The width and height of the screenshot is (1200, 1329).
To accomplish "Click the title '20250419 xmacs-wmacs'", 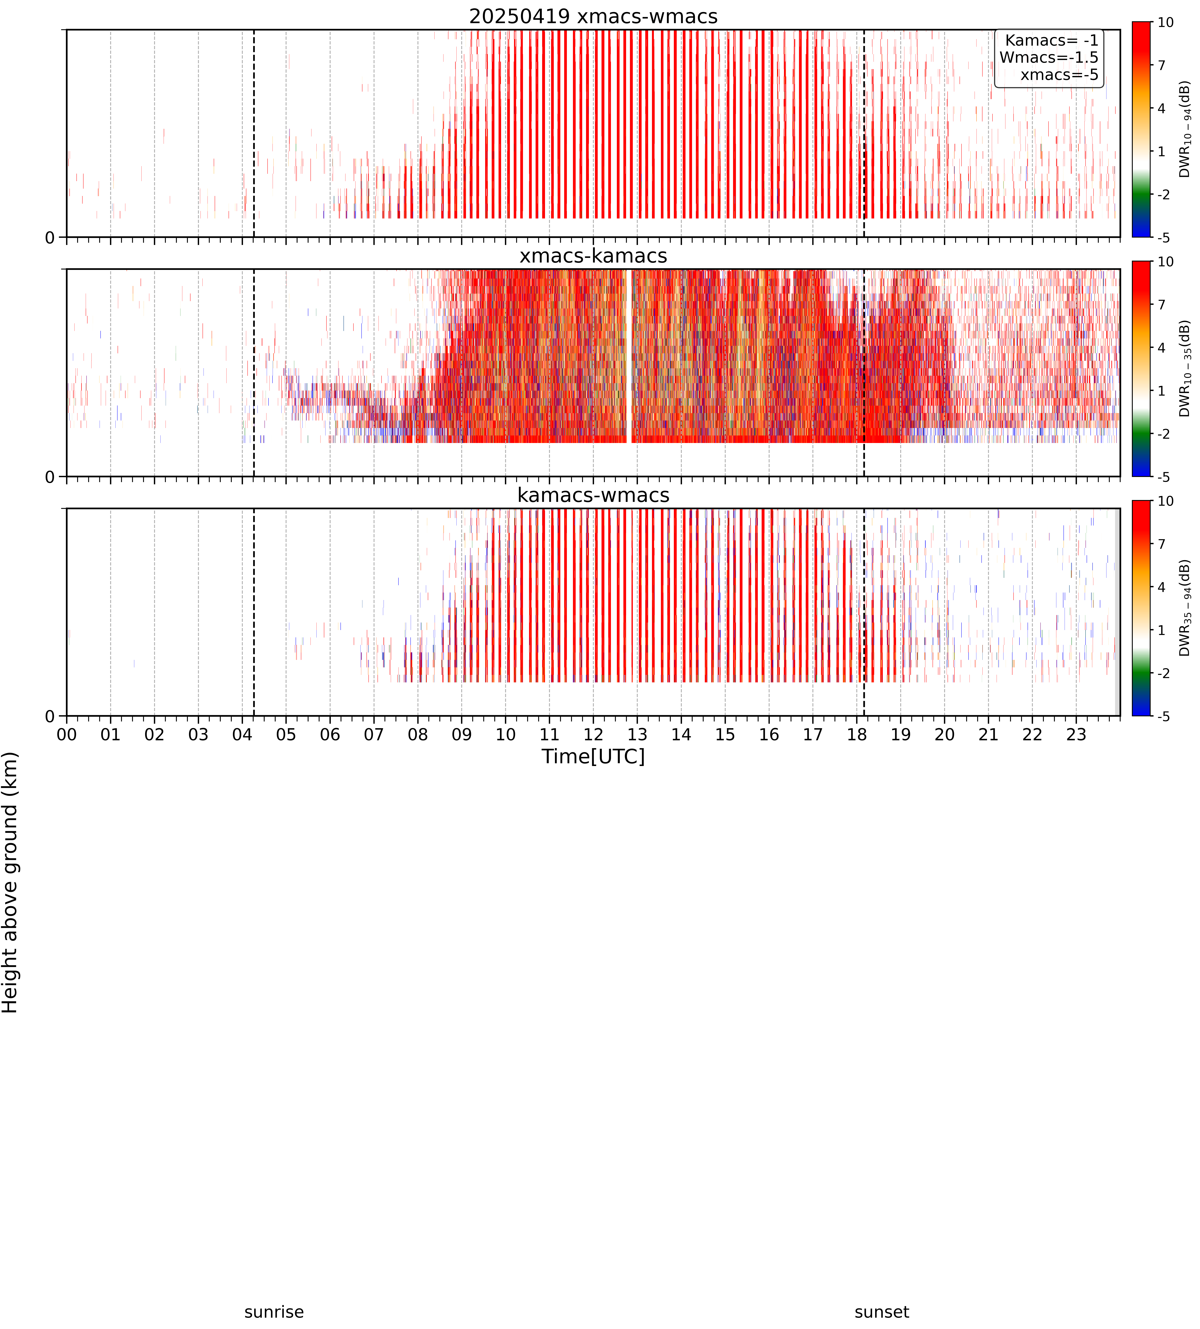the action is (x=593, y=16).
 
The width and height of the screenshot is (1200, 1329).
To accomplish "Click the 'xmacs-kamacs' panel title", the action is (x=593, y=256).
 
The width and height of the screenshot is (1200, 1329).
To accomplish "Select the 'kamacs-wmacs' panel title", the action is (x=593, y=495).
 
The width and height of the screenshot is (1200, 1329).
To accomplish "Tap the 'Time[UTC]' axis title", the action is (x=593, y=756).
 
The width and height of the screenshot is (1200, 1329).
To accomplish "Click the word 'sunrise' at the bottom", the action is (x=274, y=1312).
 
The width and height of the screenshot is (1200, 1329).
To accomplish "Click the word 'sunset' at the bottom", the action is (x=882, y=1312).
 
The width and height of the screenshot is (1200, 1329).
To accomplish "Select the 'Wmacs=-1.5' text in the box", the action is (x=1049, y=57).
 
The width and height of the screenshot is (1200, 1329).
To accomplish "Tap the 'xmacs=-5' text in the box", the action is (x=1060, y=75).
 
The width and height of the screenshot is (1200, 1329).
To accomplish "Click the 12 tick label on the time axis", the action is (x=593, y=734).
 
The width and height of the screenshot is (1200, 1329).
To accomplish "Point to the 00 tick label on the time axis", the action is (x=67, y=734).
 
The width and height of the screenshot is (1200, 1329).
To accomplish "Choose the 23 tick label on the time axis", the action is (x=1076, y=734).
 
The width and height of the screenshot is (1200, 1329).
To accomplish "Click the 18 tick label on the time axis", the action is (x=856, y=734).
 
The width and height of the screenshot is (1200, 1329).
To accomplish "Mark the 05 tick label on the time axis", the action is (x=286, y=734).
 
